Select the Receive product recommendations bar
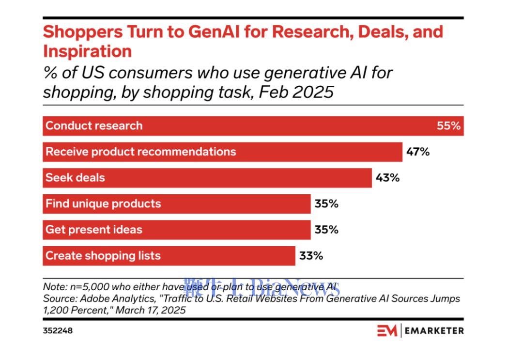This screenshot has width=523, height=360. (x=223, y=152)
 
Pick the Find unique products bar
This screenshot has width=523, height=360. (x=177, y=203)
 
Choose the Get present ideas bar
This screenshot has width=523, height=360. (x=177, y=230)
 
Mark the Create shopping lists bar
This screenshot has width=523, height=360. (x=169, y=255)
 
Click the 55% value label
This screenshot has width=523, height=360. (x=448, y=126)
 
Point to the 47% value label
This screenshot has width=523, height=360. (x=418, y=152)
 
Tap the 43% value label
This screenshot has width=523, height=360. (x=387, y=178)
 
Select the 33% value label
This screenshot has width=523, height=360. (x=311, y=255)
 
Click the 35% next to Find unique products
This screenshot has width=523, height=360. (x=326, y=203)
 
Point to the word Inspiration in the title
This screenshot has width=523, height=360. (x=87, y=51)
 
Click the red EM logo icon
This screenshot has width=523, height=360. (x=387, y=330)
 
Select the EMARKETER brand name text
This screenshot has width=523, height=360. (x=434, y=331)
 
